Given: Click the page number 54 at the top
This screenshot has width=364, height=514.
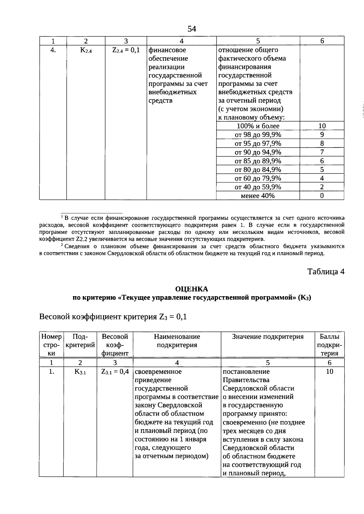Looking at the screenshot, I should pyautogui.click(x=192, y=29).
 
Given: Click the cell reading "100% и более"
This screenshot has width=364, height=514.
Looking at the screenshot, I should pyautogui.click(x=258, y=126).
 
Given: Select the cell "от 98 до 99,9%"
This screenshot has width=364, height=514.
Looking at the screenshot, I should pyautogui.click(x=258, y=135).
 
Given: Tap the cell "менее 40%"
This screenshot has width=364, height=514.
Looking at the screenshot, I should pyautogui.click(x=258, y=196).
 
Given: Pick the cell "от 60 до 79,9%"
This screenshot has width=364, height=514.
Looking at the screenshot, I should pyautogui.click(x=258, y=178).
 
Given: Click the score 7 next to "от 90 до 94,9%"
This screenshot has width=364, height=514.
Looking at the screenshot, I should pyautogui.click(x=322, y=152).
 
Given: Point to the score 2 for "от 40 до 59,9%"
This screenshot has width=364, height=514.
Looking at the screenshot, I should pyautogui.click(x=322, y=187).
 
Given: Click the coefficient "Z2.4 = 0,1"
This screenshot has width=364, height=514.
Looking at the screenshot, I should pyautogui.click(x=126, y=50).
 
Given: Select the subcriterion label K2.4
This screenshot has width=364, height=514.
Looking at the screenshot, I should pyautogui.click(x=86, y=50).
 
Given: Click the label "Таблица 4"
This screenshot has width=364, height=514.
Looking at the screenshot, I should pyautogui.click(x=326, y=272).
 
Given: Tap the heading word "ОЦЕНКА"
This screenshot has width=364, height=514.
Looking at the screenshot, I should pyautogui.click(x=192, y=289).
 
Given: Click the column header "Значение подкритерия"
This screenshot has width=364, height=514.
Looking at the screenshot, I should pyautogui.click(x=268, y=337).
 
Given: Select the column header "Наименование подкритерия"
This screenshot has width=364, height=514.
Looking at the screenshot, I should pyautogui.click(x=177, y=341).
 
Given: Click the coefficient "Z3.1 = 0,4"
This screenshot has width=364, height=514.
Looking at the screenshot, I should pyautogui.click(x=115, y=372).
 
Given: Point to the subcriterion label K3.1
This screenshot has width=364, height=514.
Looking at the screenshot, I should pyautogui.click(x=80, y=372).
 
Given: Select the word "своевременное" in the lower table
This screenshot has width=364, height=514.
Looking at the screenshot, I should pyautogui.click(x=158, y=372).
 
